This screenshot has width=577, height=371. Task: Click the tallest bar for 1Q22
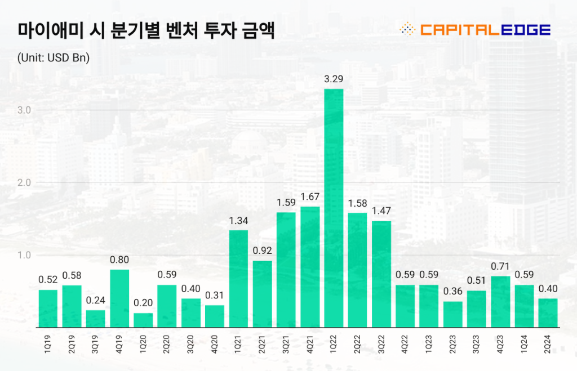point(334,208)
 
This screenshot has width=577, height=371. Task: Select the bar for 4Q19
point(119,298)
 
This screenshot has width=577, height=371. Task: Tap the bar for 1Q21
point(238,279)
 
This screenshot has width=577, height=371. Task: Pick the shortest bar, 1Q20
point(143,320)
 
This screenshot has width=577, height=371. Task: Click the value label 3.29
point(334,79)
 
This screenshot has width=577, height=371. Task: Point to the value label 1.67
point(310,196)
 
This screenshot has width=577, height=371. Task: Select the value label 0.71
point(500,266)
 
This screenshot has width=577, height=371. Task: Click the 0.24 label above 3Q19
point(95,300)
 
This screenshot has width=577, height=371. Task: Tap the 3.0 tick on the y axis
point(24,110)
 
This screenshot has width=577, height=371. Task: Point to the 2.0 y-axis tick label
point(24,182)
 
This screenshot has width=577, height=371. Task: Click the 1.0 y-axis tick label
point(24,255)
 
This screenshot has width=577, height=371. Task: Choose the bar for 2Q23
point(453,314)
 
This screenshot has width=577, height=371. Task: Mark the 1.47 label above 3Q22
point(381,211)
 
